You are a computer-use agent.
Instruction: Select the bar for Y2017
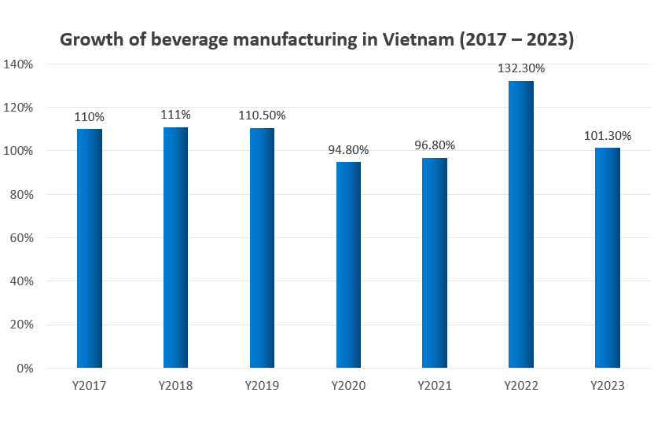89,248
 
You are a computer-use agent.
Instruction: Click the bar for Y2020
348,265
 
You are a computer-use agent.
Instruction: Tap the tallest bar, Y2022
521,224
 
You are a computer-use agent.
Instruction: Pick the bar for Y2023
608,258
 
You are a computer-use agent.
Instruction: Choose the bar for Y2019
262,248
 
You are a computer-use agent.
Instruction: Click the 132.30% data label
521,68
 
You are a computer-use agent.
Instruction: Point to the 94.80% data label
348,149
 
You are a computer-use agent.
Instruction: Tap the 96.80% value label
435,145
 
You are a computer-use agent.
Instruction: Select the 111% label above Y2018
175,115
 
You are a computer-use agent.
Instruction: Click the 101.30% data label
608,135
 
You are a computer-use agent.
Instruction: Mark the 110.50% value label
262,116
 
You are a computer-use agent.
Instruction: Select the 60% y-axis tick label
20,237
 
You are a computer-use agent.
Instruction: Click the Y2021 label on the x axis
435,386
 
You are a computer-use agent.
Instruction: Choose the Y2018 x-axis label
175,386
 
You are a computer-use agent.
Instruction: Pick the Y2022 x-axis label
521,386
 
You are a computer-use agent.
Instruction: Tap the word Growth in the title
93,39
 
